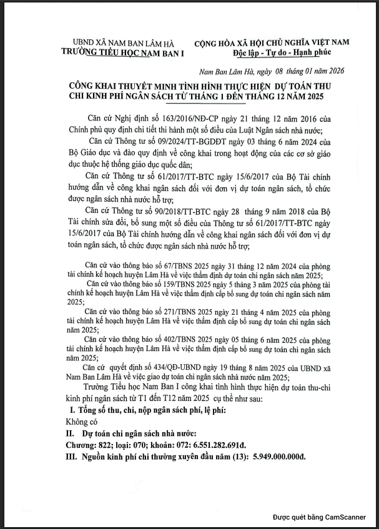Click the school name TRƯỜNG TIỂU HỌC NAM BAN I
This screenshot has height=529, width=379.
[x=123, y=54]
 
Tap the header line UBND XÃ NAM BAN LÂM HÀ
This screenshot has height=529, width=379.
[x=123, y=44]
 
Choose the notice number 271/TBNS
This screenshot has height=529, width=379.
[x=160, y=310]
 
